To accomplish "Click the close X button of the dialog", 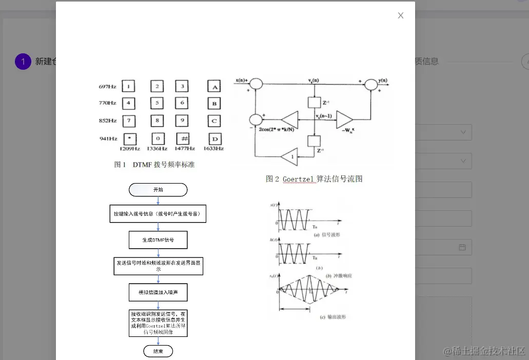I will [x=401, y=15].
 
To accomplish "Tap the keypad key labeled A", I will [x=215, y=87].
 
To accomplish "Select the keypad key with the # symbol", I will [x=183, y=138].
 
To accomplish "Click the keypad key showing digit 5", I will [x=158, y=103].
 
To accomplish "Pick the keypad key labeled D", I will [x=215, y=139].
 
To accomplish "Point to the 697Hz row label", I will [x=107, y=87].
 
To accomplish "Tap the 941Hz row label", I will [x=107, y=138].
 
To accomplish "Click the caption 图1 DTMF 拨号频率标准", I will [x=154, y=165].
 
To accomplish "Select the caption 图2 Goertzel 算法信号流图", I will [x=314, y=179].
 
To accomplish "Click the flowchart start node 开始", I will [x=158, y=190].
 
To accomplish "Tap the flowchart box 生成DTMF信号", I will [x=158, y=239].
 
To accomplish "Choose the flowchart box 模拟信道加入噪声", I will [x=158, y=292].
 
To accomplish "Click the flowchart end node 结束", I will [x=158, y=351].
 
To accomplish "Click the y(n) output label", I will [x=383, y=81].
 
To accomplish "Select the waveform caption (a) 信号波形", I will [x=326, y=234].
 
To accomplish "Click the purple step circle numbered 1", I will [x=23, y=62].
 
